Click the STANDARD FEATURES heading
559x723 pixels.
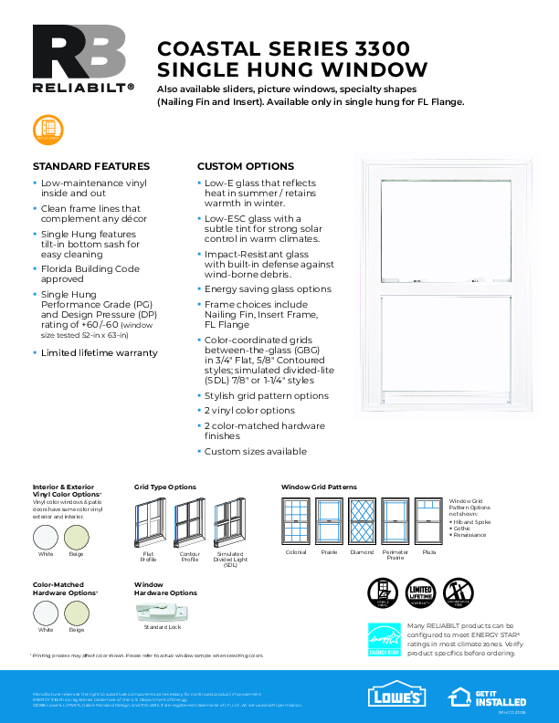pos(90,166)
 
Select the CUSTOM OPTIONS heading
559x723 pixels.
pos(246,166)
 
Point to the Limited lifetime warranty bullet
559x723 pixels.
pos(99,352)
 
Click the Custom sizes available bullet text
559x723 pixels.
pos(255,451)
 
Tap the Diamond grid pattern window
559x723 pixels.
pos(363,521)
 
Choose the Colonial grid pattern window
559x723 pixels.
pos(296,521)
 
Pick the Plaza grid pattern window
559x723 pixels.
pos(428,521)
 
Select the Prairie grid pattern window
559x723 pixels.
pos(329,521)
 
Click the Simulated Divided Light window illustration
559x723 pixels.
pos(229,523)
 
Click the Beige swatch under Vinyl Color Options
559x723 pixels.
pos(77,536)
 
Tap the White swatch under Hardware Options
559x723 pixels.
pos(46,611)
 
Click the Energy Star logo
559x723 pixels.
pos(384,639)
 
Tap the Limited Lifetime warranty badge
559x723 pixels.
pos(419,593)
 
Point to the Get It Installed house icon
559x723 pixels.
pos(459,697)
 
